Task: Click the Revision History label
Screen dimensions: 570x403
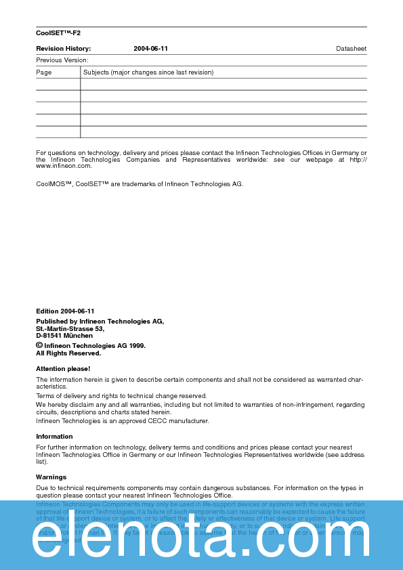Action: (63, 49)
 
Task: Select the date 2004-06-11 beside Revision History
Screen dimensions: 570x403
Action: (150, 49)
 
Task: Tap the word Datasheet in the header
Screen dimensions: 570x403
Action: (351, 49)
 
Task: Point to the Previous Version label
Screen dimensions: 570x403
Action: (62, 60)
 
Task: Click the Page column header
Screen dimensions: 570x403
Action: (44, 72)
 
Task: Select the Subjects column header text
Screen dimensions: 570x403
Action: (148, 72)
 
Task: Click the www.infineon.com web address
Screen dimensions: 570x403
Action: (64, 166)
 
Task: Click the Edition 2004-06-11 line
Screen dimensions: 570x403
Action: (65, 311)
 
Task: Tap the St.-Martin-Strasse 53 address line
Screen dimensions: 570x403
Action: (70, 328)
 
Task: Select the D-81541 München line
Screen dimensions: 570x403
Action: (64, 336)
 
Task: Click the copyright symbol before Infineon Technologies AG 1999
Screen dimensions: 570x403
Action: (39, 345)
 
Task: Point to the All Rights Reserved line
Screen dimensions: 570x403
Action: (68, 353)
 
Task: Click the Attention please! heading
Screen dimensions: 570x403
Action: (63, 368)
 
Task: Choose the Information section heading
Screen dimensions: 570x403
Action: (54, 437)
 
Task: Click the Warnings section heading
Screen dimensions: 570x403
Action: (51, 477)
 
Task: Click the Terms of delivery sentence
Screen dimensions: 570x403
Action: (121, 396)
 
